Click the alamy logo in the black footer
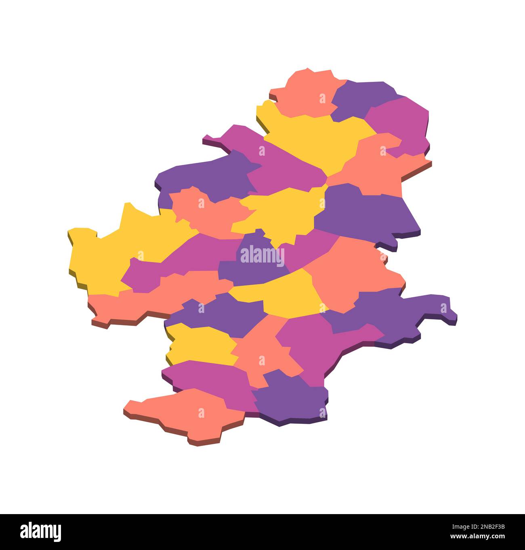click(41, 531)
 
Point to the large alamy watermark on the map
click(262, 256)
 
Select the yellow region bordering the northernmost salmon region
click(315, 137)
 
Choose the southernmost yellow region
click(202, 343)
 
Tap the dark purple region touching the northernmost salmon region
click(359, 99)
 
